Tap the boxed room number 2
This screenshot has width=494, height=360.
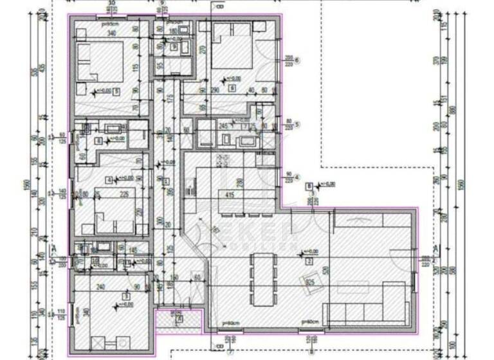click(309, 261)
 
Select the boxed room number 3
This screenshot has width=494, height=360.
click(126, 296)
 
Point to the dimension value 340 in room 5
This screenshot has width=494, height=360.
click(111, 33)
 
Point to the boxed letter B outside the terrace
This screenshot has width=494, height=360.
click(309, 187)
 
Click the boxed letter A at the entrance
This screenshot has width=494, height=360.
click(179, 318)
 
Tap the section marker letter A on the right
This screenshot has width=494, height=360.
click(435, 249)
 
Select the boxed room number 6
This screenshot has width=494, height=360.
click(231, 87)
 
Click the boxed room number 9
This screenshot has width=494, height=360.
click(174, 47)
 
